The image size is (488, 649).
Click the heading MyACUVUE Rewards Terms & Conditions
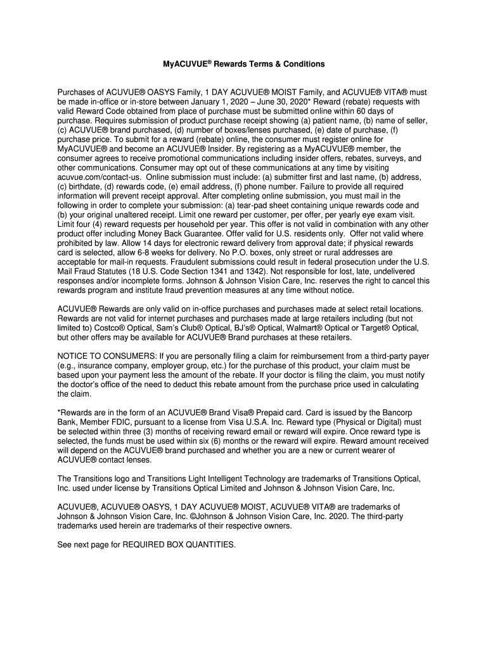click(244, 64)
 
